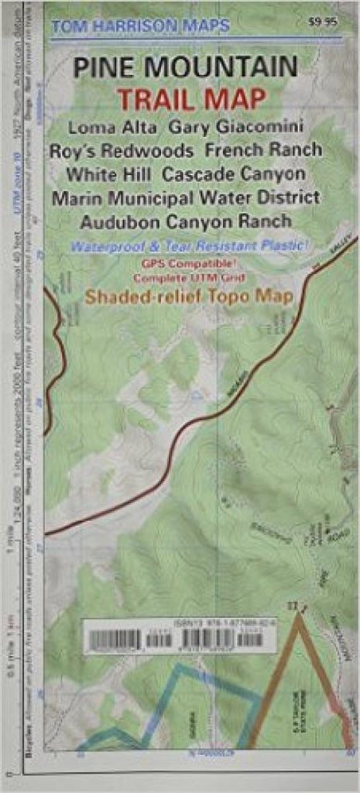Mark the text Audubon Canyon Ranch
186,221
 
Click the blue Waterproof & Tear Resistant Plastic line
188,246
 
